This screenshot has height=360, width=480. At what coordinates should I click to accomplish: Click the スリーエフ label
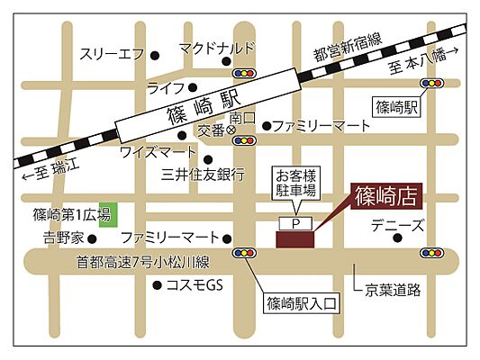pos(111,53)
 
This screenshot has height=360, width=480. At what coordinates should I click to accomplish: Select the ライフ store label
pos(166,87)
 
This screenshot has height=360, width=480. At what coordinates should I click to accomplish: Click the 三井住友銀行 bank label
pos(203,173)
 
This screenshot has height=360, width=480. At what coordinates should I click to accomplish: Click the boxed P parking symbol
pos(294,221)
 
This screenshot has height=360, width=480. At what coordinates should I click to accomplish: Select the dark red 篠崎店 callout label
pos(382,195)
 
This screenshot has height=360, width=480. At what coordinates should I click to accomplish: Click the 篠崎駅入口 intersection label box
pos(301,303)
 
